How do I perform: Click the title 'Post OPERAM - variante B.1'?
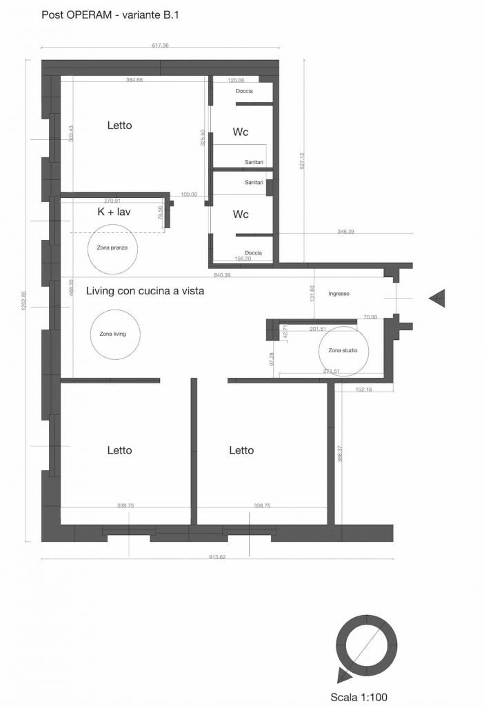[x=110, y=15]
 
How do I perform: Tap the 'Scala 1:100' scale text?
[x=359, y=697]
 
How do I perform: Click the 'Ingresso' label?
[x=339, y=294]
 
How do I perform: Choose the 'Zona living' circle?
[x=90, y=334]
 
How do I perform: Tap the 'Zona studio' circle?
[x=319, y=351]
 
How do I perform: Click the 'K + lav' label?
[x=114, y=212]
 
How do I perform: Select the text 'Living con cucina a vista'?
[x=145, y=291]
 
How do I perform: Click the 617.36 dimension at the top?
[x=160, y=46]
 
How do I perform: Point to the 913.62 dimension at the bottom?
[x=217, y=557]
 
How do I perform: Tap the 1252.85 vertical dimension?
[x=24, y=301]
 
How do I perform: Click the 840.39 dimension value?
[x=222, y=274]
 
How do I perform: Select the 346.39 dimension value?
[x=345, y=232]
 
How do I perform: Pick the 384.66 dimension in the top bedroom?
[x=134, y=80]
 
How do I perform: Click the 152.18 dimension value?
[x=364, y=390]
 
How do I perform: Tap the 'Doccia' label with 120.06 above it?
[x=245, y=91]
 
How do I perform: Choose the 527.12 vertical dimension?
[x=302, y=161]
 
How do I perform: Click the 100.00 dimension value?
[x=189, y=194]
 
